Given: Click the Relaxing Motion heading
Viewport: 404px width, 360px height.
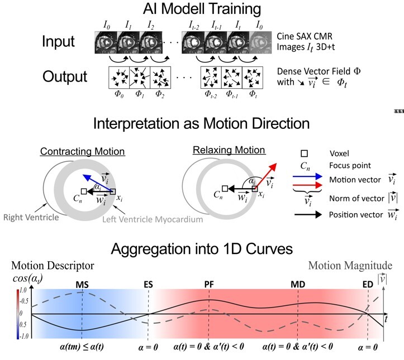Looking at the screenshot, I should click(x=221, y=151).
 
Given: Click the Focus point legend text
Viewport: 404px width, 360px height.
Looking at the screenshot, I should click(x=349, y=165).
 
